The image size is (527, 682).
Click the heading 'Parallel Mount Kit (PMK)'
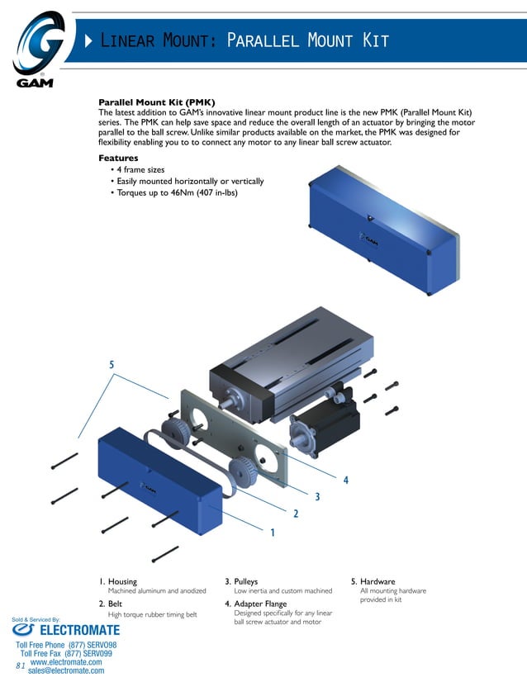coord(156,102)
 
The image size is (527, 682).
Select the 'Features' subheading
coord(118,158)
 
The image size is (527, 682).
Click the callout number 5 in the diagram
coord(112,364)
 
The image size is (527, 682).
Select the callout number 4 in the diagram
coord(346,480)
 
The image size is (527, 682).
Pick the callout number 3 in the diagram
coord(317,496)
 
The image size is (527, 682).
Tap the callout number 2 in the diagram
coord(295,514)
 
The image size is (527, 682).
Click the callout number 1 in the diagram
coord(273,533)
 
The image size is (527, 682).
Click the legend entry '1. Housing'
coord(118,581)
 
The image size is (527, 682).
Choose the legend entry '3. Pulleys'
coord(241,581)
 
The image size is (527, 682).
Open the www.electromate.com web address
coord(66,661)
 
